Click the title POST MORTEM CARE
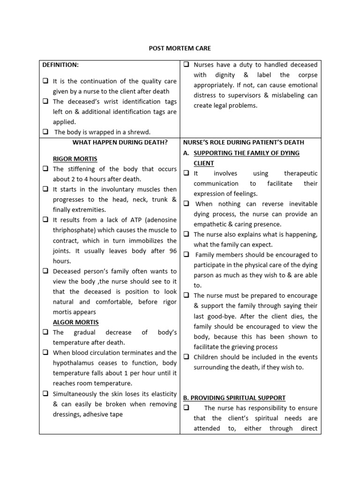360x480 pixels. tap(180, 48)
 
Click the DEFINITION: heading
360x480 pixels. tap(60, 65)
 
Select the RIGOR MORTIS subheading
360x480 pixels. tap(75, 159)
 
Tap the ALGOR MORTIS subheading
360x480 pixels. tap(75, 322)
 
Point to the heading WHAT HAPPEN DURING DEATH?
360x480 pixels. tap(120, 142)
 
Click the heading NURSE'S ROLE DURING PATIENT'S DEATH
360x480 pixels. tap(243, 142)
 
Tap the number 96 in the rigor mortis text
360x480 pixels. tap(172, 251)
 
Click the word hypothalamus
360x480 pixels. tap(76, 363)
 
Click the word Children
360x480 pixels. tap(207, 357)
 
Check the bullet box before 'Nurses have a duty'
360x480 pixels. tap(186, 65)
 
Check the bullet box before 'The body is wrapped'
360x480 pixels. tap(45, 132)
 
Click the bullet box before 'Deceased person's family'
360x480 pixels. tap(45, 271)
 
